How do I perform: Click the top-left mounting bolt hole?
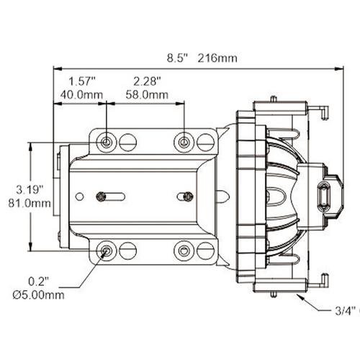107,141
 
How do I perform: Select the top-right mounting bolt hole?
184,141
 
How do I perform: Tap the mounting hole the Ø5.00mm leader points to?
107,251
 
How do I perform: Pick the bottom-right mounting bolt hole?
184,251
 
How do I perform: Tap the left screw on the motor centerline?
103,196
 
